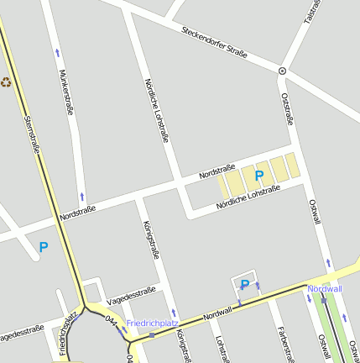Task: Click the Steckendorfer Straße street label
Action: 214,42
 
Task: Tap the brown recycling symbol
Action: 7,82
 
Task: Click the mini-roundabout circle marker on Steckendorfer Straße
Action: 282,71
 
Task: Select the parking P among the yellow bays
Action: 259,176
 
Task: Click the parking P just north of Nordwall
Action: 245,285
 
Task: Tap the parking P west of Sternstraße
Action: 44,247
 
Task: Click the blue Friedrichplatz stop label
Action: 153,323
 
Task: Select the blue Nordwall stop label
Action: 325,289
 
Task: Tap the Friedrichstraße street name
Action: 66,332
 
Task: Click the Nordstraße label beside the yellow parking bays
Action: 217,171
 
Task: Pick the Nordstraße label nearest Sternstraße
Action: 78,213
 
